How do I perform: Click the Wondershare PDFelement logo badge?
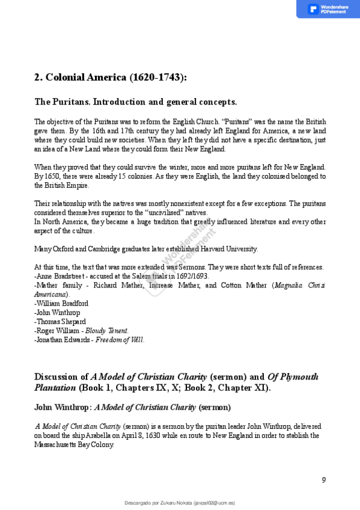(328, 9)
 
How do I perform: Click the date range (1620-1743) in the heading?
(158, 77)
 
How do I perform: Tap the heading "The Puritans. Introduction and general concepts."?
(135, 102)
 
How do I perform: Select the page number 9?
(324, 479)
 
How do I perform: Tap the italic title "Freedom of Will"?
(120, 340)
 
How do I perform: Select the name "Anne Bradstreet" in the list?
(63, 276)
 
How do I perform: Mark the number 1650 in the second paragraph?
(52, 176)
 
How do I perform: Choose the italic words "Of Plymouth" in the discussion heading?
(293, 377)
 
